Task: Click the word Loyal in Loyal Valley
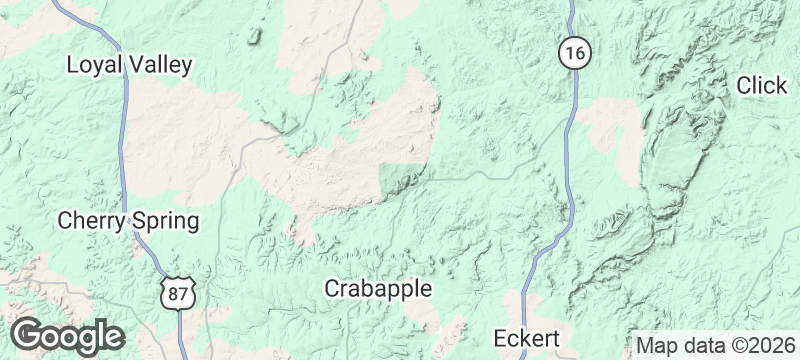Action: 93,65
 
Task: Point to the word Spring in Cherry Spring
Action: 164,220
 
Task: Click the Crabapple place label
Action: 378,288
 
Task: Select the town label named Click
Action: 762,86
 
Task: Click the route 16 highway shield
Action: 573,53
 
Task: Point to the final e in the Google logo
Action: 113,336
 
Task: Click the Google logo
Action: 67,336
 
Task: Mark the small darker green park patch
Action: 402,176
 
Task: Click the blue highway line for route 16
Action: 567,150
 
